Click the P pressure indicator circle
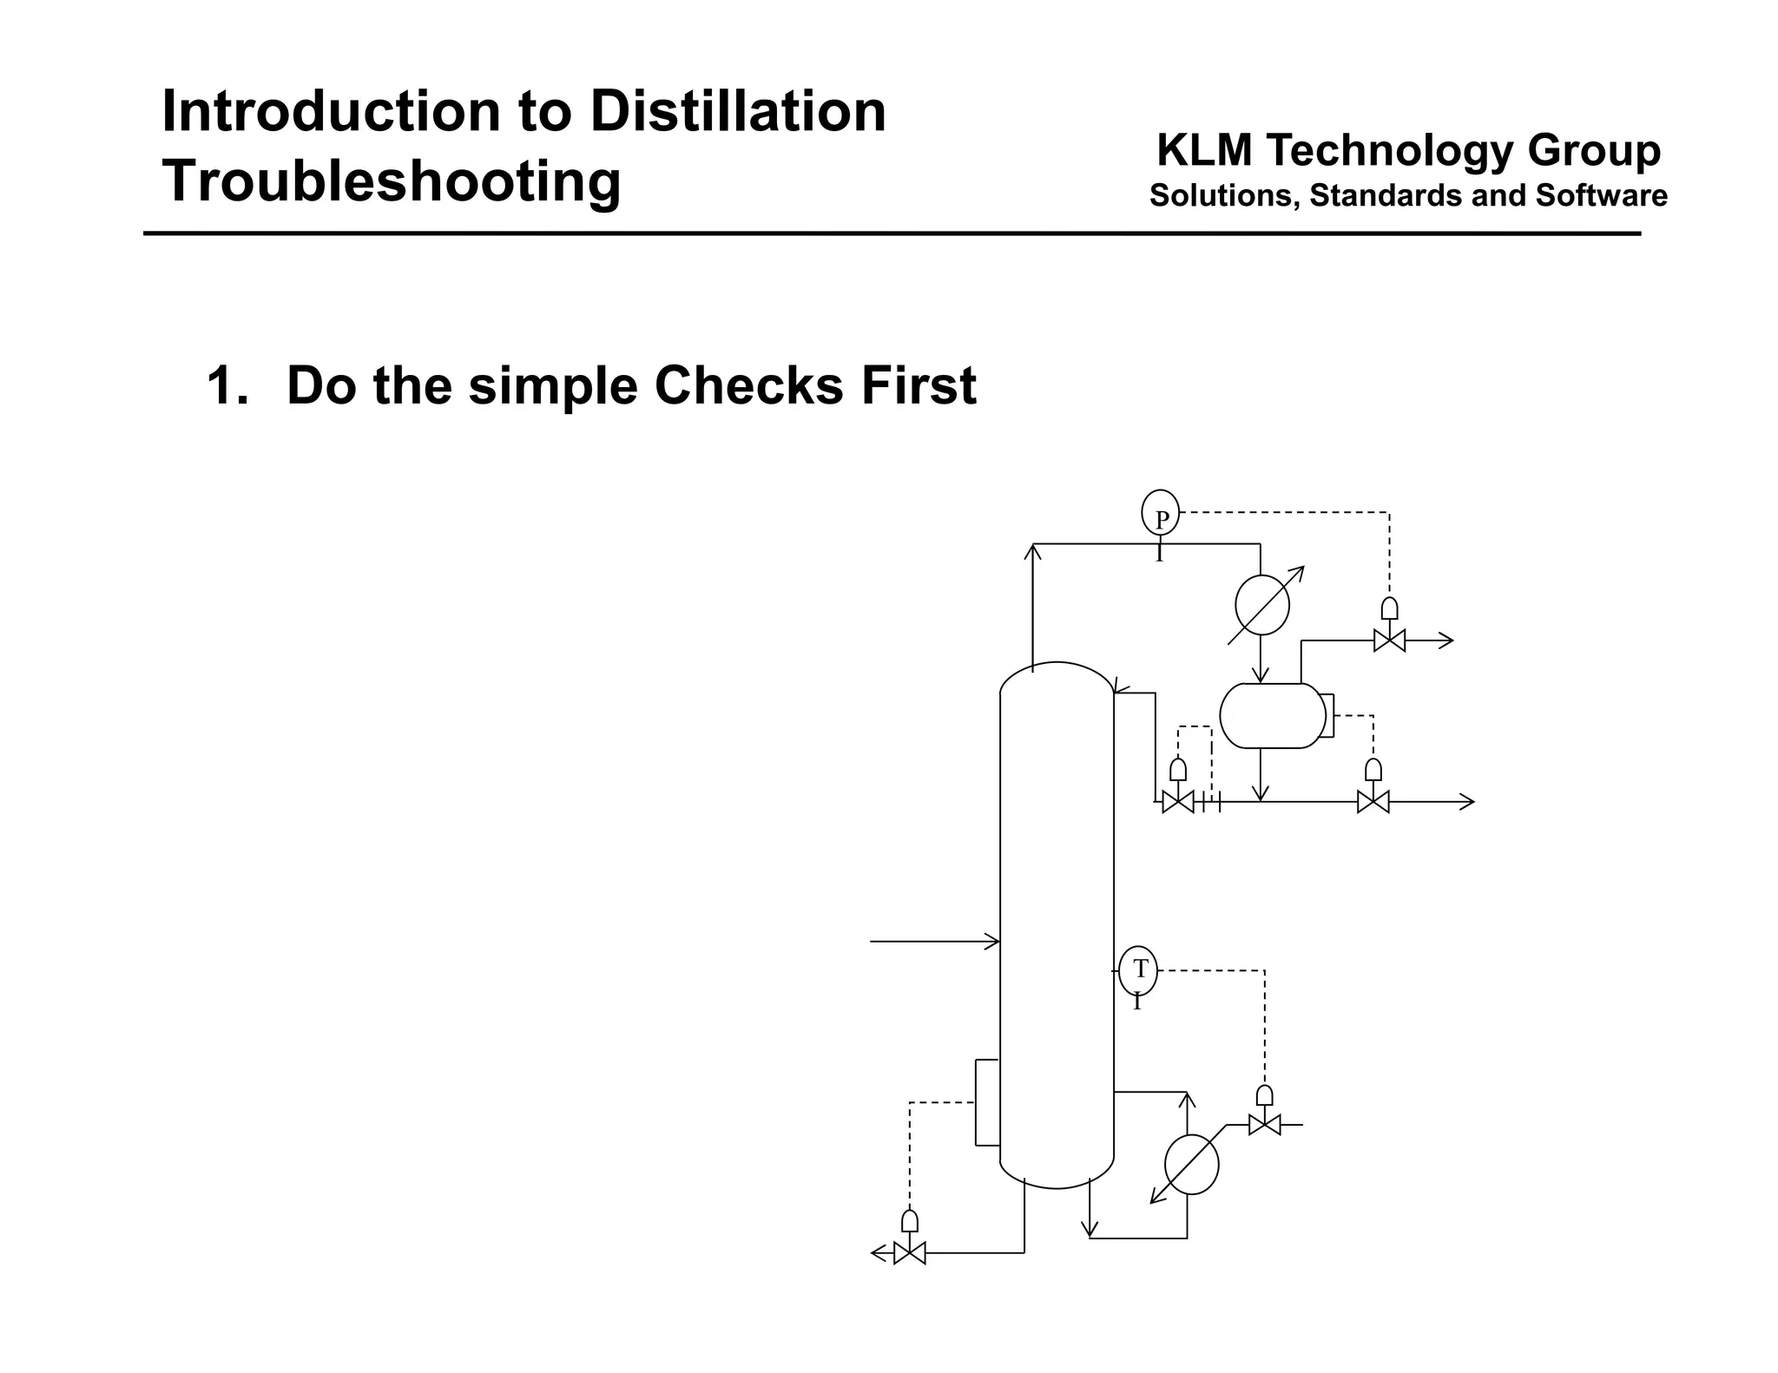tap(1160, 514)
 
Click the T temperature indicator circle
tap(1138, 970)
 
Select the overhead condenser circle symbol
tap(1261, 605)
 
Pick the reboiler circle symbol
tap(1191, 1165)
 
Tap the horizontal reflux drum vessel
tap(1272, 715)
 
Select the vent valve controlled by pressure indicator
tap(1389, 641)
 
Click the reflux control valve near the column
tap(1178, 802)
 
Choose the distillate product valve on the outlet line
tap(1373, 802)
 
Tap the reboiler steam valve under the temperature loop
tap(1264, 1125)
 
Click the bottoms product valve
tap(910, 1253)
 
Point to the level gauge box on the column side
tap(987, 1102)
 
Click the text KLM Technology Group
tap(1408, 150)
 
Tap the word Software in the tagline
tap(1601, 195)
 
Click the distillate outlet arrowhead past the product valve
tap(1466, 802)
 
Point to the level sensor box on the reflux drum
tap(1327, 715)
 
